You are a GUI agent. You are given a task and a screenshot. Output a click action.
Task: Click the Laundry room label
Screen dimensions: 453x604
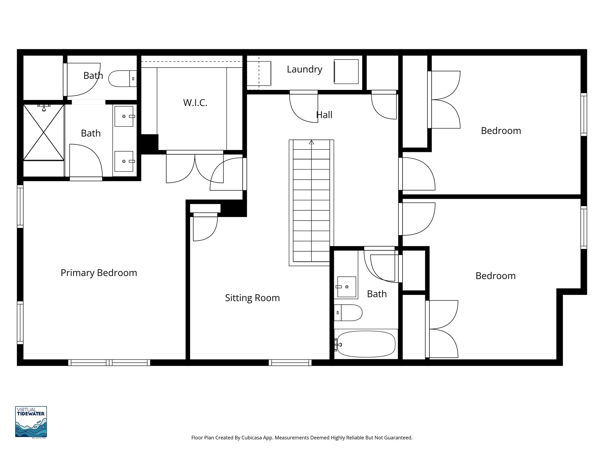(x=304, y=69)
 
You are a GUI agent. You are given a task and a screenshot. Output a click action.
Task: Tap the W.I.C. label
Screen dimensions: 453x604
(x=195, y=103)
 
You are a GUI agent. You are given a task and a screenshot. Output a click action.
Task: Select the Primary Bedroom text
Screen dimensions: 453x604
(x=99, y=273)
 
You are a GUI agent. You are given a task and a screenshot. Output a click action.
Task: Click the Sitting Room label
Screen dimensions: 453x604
(x=252, y=298)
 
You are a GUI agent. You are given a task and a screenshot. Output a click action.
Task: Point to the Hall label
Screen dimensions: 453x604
(x=324, y=115)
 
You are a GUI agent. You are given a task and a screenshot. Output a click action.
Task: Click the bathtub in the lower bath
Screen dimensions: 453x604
(x=366, y=344)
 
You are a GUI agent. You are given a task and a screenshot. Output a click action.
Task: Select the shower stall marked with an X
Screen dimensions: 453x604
(x=44, y=132)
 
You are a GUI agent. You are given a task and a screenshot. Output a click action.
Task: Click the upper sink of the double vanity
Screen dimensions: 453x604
(x=124, y=116)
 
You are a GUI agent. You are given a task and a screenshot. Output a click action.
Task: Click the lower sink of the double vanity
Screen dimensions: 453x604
(x=124, y=161)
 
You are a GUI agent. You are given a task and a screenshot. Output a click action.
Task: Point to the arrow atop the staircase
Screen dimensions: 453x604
(x=311, y=142)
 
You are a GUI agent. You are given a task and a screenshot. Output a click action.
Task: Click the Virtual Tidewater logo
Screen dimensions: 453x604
(x=31, y=422)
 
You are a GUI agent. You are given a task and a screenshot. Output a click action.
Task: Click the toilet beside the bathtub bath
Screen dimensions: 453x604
(x=349, y=313)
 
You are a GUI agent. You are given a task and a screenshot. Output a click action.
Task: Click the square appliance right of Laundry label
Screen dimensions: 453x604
(x=346, y=71)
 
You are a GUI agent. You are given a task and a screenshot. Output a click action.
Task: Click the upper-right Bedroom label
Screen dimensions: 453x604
(x=501, y=131)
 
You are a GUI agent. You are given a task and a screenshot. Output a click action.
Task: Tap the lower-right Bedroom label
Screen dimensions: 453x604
(x=495, y=276)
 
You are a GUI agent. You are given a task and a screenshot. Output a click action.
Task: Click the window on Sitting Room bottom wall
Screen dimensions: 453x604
(x=290, y=362)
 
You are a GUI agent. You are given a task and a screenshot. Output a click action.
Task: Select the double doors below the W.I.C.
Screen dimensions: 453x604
(x=195, y=167)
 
